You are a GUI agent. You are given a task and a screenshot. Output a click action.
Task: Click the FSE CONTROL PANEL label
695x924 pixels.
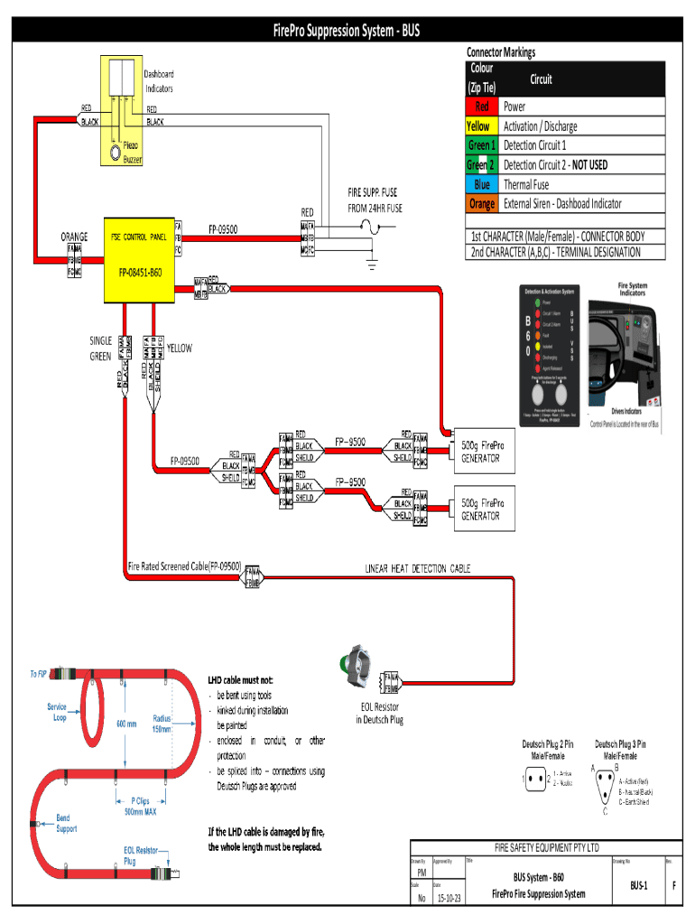[x=138, y=236]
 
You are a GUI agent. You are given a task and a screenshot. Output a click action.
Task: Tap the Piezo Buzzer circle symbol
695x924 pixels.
[x=116, y=152]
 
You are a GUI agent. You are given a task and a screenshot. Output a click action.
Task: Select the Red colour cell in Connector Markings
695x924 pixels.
[x=482, y=106]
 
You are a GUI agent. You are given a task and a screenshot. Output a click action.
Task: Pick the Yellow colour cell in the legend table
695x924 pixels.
[x=478, y=126]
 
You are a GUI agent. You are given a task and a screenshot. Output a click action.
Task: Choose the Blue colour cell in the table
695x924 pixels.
[x=482, y=184]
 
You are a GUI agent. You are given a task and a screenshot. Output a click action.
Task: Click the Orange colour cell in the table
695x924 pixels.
[x=482, y=204]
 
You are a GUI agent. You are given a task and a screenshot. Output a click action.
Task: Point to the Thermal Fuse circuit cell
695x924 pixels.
[x=526, y=184]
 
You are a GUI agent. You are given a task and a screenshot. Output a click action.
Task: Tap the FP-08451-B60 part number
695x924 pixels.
[x=140, y=272]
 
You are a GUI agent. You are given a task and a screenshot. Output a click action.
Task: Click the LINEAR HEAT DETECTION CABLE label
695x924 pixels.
[x=417, y=568]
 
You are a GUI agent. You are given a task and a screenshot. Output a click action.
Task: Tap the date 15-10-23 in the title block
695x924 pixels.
[x=449, y=898]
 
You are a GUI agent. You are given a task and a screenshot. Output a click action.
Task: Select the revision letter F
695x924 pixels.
[x=674, y=886]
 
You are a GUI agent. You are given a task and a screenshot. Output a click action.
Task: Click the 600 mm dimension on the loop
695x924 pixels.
[x=125, y=723]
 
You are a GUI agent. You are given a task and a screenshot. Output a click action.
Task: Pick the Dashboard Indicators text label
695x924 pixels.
[x=159, y=81]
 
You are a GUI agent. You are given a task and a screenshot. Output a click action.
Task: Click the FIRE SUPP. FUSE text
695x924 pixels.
[x=372, y=193]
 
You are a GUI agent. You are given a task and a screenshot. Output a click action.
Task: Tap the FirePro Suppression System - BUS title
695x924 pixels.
[x=347, y=32]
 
